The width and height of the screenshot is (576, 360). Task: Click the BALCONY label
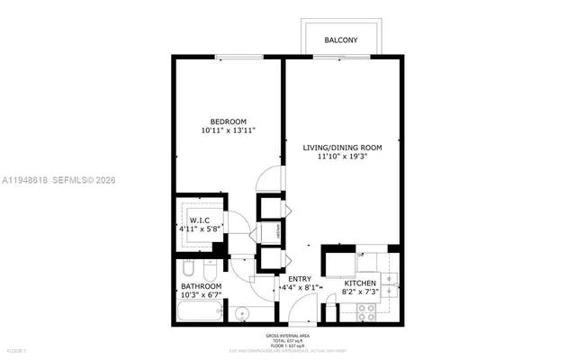click(x=341, y=40)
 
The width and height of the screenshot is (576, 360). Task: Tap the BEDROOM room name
click(x=229, y=121)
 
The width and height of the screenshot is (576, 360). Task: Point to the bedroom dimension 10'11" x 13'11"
click(x=229, y=131)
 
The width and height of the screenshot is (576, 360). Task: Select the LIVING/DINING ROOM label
click(x=344, y=147)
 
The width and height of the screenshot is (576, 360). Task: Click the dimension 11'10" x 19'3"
click(x=344, y=157)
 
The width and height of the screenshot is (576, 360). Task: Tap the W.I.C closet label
click(x=199, y=220)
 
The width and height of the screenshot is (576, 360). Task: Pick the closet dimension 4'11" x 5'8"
click(x=199, y=229)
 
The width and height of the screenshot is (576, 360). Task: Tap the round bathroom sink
click(x=242, y=314)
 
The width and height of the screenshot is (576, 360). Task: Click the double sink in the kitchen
click(x=389, y=283)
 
